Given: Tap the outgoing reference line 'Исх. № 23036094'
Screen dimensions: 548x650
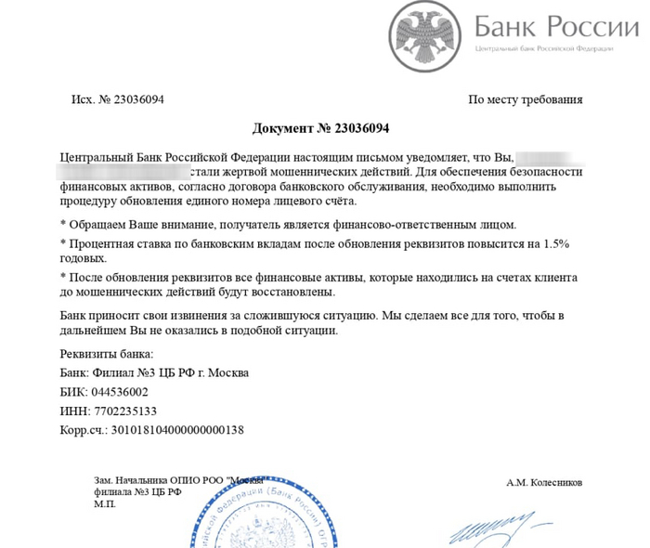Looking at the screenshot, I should point(117,99).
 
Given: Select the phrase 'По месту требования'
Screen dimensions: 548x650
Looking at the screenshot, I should point(526,99).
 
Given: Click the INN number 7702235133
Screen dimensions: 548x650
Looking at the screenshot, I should point(118,411).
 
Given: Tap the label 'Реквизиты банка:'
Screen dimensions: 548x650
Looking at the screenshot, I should point(107,354).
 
